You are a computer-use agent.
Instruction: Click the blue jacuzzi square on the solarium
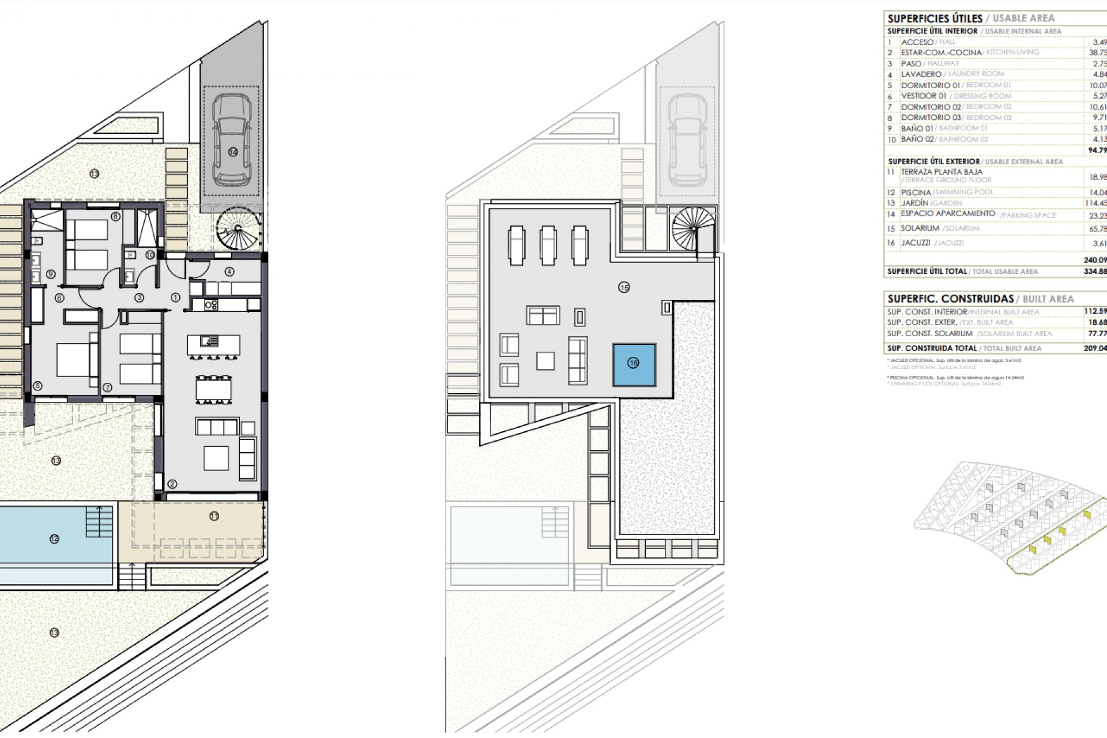[634, 364]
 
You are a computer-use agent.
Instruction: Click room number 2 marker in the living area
[172, 484]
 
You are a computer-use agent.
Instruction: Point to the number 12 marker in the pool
[54, 539]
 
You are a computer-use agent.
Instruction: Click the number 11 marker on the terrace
[214, 517]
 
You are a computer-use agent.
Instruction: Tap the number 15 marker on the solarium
[624, 287]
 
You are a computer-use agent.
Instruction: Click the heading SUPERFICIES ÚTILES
[935, 19]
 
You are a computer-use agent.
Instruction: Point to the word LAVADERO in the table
[921, 74]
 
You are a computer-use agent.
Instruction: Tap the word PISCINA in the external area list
[916, 193]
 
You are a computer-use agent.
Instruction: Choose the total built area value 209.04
[1095, 348]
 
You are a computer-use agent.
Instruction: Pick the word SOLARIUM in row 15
[920, 228]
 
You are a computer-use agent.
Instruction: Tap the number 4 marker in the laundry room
[229, 272]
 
